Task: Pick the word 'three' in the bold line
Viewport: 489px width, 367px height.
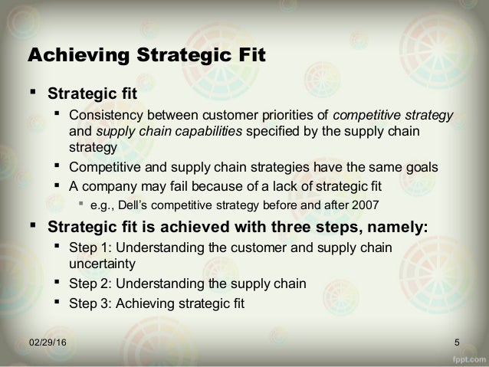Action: [x=294, y=226]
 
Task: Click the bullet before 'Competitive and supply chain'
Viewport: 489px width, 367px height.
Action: [x=57, y=165]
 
